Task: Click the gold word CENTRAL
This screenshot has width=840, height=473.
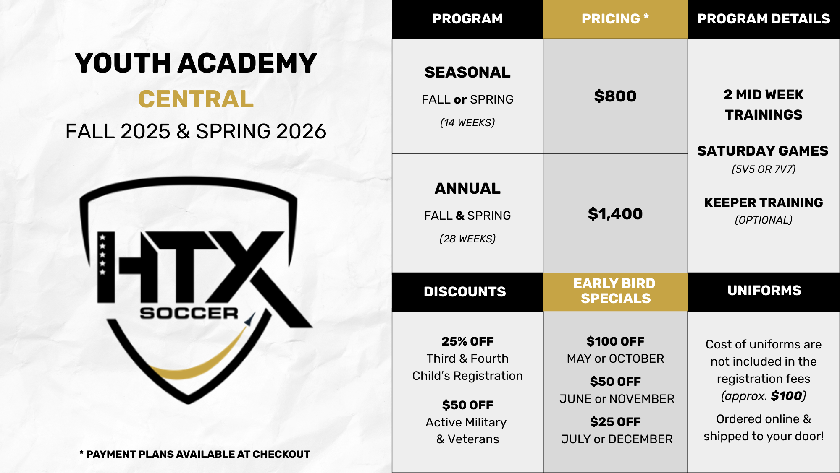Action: click(196, 99)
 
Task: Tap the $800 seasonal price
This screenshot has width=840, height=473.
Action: click(615, 96)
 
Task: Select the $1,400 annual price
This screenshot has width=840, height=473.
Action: click(615, 214)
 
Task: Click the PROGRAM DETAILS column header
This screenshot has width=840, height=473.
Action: click(764, 19)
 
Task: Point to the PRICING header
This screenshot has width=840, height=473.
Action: click(615, 19)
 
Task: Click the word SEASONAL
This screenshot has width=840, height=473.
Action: click(467, 72)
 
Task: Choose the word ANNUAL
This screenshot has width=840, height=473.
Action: click(467, 188)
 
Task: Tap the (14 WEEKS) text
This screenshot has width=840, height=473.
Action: click(467, 122)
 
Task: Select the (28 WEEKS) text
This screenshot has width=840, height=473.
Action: click(467, 239)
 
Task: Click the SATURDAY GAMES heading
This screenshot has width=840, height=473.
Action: click(763, 151)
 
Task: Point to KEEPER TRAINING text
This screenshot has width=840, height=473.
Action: click(764, 203)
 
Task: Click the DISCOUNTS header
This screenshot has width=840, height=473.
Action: click(465, 291)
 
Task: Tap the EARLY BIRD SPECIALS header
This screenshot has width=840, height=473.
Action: click(615, 291)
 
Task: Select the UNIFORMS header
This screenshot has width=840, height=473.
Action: click(764, 290)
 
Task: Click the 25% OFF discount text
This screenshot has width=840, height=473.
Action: click(467, 341)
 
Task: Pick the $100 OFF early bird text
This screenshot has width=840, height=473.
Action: click(615, 341)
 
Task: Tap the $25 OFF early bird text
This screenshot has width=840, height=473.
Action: click(615, 422)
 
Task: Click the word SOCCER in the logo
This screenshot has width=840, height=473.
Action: click(189, 313)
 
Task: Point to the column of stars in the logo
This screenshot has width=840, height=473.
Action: click(102, 255)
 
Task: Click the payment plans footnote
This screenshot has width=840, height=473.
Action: click(195, 454)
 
